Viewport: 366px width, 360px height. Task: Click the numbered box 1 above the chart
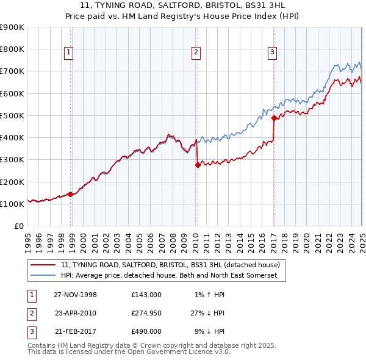coord(70,53)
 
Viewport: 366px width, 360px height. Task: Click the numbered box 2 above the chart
coord(196,53)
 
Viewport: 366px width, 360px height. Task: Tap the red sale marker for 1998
coord(70,194)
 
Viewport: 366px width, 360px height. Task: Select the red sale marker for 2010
coord(197,165)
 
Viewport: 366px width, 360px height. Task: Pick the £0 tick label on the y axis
coord(18,226)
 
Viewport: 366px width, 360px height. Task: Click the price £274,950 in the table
coord(146,313)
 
